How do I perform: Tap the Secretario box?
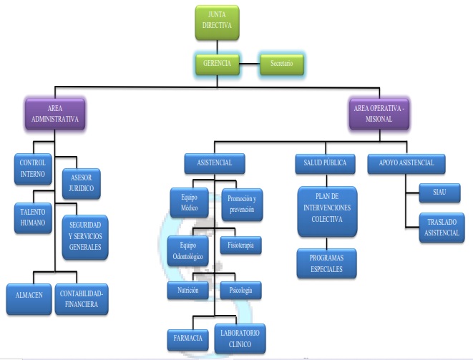(281, 64)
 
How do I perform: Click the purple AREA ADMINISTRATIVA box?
(50, 113)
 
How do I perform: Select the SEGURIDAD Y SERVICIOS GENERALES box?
(84, 237)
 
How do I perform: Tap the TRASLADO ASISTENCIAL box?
(436, 228)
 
